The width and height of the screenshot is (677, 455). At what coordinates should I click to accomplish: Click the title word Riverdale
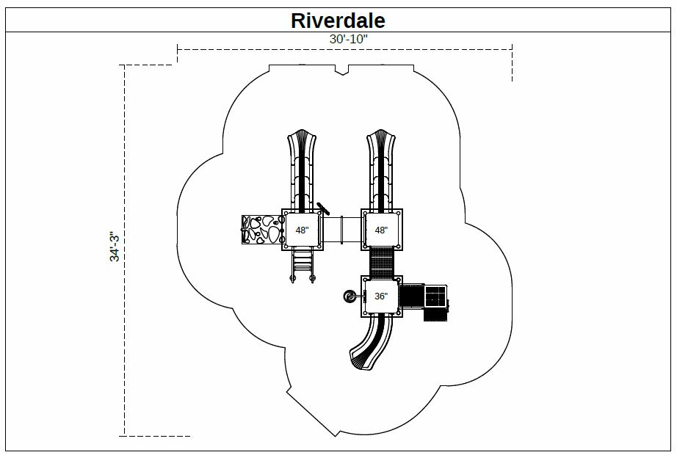point(338,21)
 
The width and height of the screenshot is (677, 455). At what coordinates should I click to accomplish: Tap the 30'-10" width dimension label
point(349,39)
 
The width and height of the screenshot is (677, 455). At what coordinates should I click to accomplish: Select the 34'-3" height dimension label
point(115,247)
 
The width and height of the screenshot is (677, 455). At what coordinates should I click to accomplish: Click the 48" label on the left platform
point(303,230)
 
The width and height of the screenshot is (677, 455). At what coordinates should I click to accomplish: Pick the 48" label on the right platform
point(381,230)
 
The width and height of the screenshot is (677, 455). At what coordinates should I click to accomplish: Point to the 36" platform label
point(381,296)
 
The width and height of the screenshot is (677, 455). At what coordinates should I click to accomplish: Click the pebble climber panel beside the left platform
point(261,230)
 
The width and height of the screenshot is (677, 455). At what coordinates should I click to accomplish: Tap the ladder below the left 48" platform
point(303,266)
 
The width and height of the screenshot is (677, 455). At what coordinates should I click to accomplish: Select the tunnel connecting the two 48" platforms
point(342,230)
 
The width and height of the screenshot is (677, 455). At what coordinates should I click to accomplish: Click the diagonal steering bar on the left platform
point(323,208)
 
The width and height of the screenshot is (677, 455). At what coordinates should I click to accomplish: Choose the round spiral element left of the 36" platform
point(350,296)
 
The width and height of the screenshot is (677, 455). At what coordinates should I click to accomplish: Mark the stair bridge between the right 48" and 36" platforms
point(382,263)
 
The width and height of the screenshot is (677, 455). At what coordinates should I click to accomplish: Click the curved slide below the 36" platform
point(372,341)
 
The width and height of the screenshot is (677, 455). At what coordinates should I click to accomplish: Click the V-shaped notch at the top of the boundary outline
point(342,70)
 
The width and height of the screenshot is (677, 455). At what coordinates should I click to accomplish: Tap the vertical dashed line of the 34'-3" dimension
point(125,250)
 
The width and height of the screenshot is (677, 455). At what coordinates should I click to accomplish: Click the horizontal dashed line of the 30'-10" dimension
point(344,50)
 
